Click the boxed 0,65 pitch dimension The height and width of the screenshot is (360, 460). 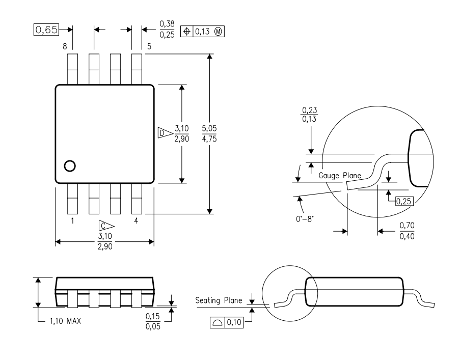point(46,30)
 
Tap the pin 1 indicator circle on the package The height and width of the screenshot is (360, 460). point(70,166)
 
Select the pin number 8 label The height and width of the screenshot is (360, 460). point(65,46)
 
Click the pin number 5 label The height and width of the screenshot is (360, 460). point(149,46)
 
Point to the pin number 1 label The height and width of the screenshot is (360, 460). point(72,220)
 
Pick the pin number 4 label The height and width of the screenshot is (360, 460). point(136,220)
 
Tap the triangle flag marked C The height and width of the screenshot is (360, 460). point(106,226)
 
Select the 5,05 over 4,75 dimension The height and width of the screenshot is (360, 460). point(209,133)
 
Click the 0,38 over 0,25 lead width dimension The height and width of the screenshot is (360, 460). point(167,30)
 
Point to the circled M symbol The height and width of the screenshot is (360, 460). point(218,31)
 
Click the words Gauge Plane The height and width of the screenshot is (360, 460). point(340,176)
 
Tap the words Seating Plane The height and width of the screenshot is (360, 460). point(219,300)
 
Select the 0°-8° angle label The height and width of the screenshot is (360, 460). point(305,219)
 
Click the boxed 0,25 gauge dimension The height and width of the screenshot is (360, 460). point(404,201)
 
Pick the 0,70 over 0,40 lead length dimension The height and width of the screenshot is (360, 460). point(407,231)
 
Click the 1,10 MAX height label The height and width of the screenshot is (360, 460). point(65,321)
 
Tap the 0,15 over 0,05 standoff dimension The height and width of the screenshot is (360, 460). point(153,321)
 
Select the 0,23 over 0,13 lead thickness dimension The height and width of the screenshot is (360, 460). point(310,115)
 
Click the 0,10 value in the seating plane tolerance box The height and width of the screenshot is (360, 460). point(234,322)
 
